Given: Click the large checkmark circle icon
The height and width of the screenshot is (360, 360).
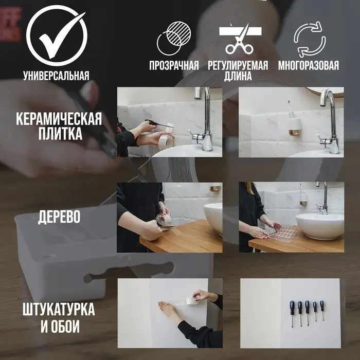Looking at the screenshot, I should tap(56, 34).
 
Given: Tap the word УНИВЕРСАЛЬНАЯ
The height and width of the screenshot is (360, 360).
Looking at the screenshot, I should tap(56, 76).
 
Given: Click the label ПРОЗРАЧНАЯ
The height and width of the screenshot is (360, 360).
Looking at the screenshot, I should tap(174, 66).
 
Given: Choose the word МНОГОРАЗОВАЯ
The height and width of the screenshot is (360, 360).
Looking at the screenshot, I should tap(309, 66).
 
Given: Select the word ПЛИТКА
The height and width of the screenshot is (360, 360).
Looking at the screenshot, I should tap(59, 135).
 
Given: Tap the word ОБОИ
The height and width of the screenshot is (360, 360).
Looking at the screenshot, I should tap(67, 326).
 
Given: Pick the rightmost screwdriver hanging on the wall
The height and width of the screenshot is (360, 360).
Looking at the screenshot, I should tap(322, 310).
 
